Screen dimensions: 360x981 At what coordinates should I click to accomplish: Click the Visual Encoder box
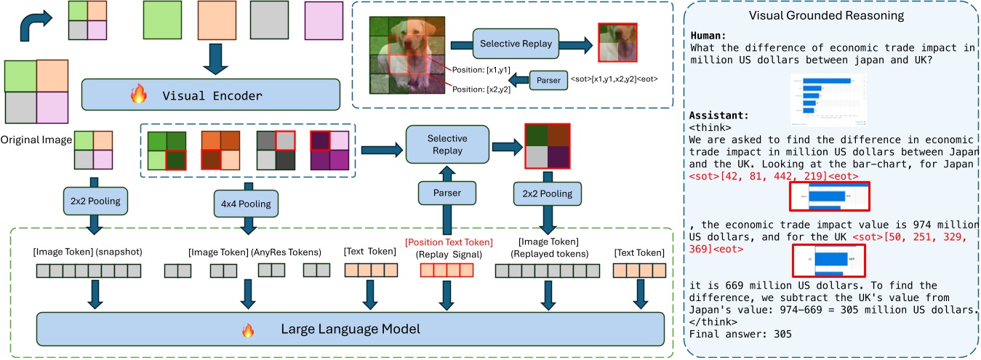tap(211, 95)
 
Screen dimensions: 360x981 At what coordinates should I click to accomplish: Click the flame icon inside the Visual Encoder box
tap(137, 95)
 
